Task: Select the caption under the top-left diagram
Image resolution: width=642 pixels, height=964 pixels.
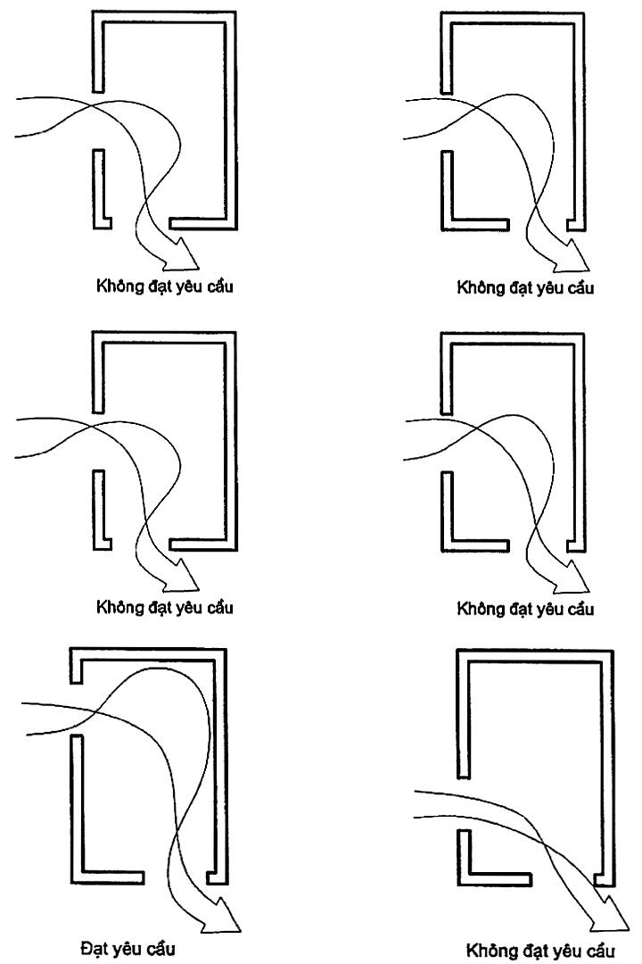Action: pos(164,287)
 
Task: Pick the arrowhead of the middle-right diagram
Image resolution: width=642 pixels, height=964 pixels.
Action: pos(572,579)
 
